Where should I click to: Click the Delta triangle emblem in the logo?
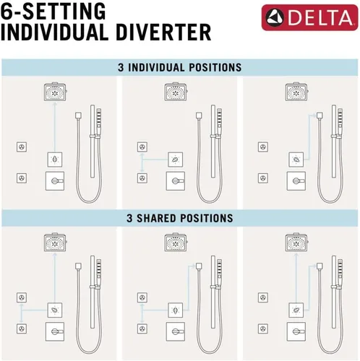pyautogui.click(x=275, y=17)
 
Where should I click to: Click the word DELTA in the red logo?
pyautogui.click(x=320, y=17)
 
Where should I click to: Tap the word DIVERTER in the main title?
pyautogui.click(x=163, y=32)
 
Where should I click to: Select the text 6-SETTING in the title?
pyautogui.click(x=53, y=11)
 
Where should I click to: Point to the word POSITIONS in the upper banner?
pyautogui.click(x=215, y=67)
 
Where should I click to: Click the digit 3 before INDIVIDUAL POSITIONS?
pyautogui.click(x=121, y=67)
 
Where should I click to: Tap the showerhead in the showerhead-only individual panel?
pyautogui.click(x=55, y=91)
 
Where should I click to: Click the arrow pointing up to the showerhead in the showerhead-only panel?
pyautogui.click(x=55, y=127)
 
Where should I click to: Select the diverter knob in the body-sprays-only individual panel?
pyautogui.click(x=176, y=160)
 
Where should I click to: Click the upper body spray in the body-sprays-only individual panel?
pyautogui.click(x=142, y=147)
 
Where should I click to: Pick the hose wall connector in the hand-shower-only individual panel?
pyautogui.click(x=320, y=116)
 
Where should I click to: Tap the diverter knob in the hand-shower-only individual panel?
pyautogui.click(x=296, y=160)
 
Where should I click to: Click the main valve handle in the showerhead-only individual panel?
pyautogui.click(x=55, y=180)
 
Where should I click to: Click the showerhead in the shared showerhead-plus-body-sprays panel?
pyautogui.click(x=55, y=242)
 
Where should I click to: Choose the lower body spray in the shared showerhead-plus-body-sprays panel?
pyautogui.click(x=22, y=329)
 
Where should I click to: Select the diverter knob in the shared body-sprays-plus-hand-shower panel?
pyautogui.click(x=176, y=310)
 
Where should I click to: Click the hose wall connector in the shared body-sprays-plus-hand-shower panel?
pyautogui.click(x=199, y=266)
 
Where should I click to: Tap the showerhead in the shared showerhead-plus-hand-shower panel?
pyautogui.click(x=296, y=242)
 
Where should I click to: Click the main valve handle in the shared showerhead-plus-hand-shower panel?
pyautogui.click(x=296, y=331)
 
